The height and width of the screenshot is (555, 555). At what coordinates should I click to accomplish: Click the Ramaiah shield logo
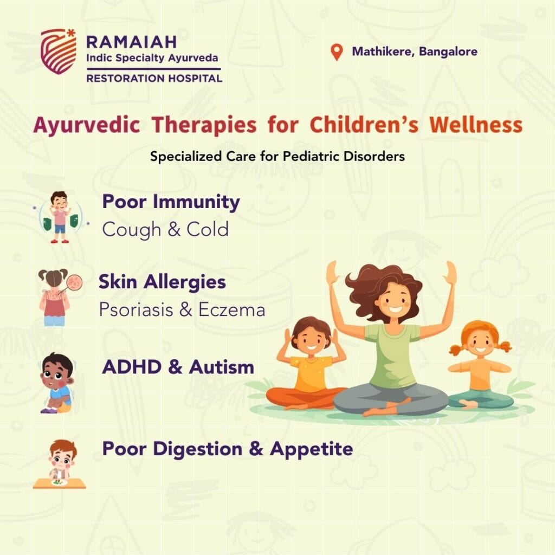[59, 51]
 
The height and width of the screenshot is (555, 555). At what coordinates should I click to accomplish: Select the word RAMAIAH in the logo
[131, 42]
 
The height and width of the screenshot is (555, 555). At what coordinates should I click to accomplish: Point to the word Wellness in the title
[476, 125]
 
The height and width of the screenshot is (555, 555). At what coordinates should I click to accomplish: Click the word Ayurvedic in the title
[86, 126]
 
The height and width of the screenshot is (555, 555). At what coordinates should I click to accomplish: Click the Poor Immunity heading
[171, 203]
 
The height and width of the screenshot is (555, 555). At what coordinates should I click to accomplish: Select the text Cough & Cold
[165, 229]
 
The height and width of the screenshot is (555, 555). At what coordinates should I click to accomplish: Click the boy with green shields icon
[60, 217]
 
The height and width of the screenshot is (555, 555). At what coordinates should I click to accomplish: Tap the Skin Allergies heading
[162, 282]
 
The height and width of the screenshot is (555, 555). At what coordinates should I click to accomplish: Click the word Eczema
[231, 309]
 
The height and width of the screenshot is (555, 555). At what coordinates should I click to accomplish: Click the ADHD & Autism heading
[178, 367]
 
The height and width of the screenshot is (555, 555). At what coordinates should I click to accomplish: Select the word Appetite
[311, 449]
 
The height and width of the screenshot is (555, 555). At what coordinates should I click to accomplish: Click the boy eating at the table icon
[60, 464]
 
